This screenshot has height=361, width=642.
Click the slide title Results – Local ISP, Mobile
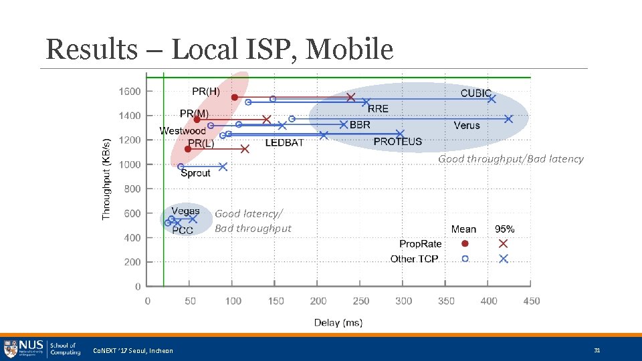(x=219, y=49)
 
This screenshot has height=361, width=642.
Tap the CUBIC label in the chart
(x=476, y=93)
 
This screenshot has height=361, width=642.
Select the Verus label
(x=467, y=125)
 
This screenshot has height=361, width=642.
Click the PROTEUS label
(x=398, y=142)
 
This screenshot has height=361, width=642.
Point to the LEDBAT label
(x=284, y=142)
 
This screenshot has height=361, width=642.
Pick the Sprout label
(x=195, y=173)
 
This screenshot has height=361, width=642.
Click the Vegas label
(x=185, y=211)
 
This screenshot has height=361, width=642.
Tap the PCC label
(x=183, y=230)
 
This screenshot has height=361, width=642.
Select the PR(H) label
(x=206, y=91)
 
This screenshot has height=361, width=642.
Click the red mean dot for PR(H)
(x=234, y=98)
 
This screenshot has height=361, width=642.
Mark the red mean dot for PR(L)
(x=188, y=148)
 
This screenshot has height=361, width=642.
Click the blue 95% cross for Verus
(x=508, y=119)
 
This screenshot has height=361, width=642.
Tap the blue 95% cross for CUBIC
(x=492, y=98)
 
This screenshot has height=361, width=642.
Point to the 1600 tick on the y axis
(x=130, y=91)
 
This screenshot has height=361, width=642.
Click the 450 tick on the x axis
(x=532, y=301)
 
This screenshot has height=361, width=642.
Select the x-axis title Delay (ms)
(x=338, y=323)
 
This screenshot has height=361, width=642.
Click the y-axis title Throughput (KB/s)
(x=106, y=179)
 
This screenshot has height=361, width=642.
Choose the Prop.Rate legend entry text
(x=421, y=244)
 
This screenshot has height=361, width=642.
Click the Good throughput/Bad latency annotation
(x=511, y=159)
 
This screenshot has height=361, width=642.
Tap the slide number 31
(x=597, y=350)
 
